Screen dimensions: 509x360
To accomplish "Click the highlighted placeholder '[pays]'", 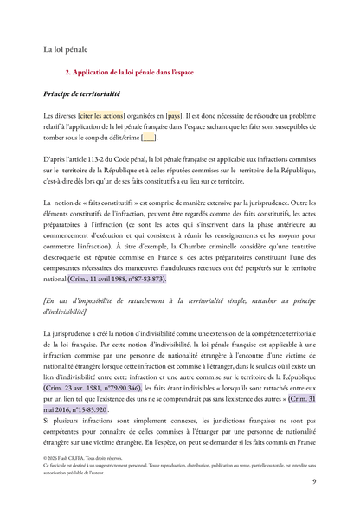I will pyautogui.click(x=174, y=114).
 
